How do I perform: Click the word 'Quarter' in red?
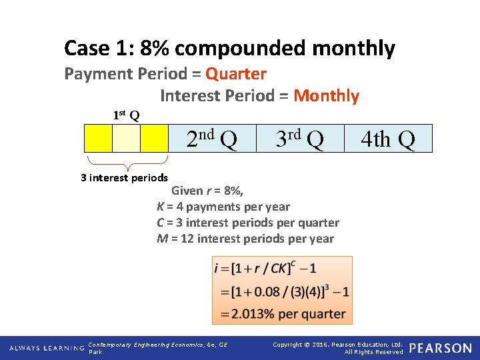tap(236, 73)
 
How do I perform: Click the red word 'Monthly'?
tap(326, 96)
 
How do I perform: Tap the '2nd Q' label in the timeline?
tap(211, 139)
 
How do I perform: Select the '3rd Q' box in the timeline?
tap(300, 139)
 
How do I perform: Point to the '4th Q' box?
tap(388, 139)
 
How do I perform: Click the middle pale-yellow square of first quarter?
tap(126, 139)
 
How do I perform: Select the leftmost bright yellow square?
tap(98, 139)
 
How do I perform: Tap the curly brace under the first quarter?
tap(127, 162)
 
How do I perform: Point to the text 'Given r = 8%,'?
tap(207, 191)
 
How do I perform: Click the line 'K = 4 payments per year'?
tap(223, 207)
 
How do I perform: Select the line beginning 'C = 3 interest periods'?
tap(248, 223)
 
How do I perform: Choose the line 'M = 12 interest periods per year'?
tap(245, 239)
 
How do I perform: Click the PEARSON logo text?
tap(441, 348)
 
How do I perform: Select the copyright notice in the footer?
tap(338, 347)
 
